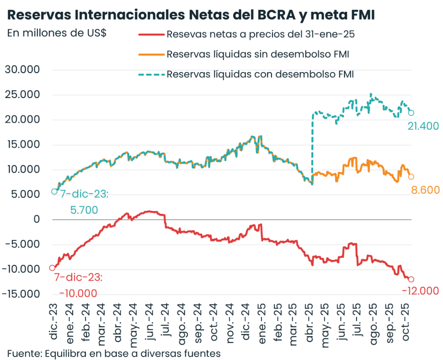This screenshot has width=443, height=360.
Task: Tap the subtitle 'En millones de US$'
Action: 57,34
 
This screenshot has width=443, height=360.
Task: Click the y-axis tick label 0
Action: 37,220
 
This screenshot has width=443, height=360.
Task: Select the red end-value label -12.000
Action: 420,291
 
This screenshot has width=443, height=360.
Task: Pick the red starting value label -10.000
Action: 78,293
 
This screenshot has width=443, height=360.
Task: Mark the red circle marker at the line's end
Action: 411,279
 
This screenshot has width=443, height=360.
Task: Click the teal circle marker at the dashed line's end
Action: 411,112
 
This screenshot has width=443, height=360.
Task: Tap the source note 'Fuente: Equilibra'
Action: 114,353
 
